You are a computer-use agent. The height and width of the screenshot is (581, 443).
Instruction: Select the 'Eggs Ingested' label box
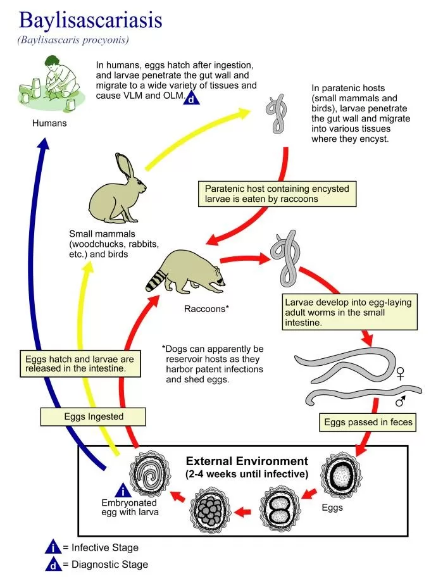[x=94, y=417]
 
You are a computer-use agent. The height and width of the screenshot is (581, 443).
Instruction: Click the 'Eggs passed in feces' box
[x=368, y=422]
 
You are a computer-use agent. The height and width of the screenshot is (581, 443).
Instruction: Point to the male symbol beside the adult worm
[x=401, y=401]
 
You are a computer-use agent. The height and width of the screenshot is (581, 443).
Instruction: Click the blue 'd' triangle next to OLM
[x=192, y=96]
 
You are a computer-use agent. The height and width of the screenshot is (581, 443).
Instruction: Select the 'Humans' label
[x=49, y=123]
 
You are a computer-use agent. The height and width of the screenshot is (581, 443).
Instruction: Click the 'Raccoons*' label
[x=206, y=309]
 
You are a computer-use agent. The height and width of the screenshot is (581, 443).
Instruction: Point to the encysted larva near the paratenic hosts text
[x=276, y=115]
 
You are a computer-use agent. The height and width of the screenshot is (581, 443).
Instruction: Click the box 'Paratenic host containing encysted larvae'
[x=277, y=194]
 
